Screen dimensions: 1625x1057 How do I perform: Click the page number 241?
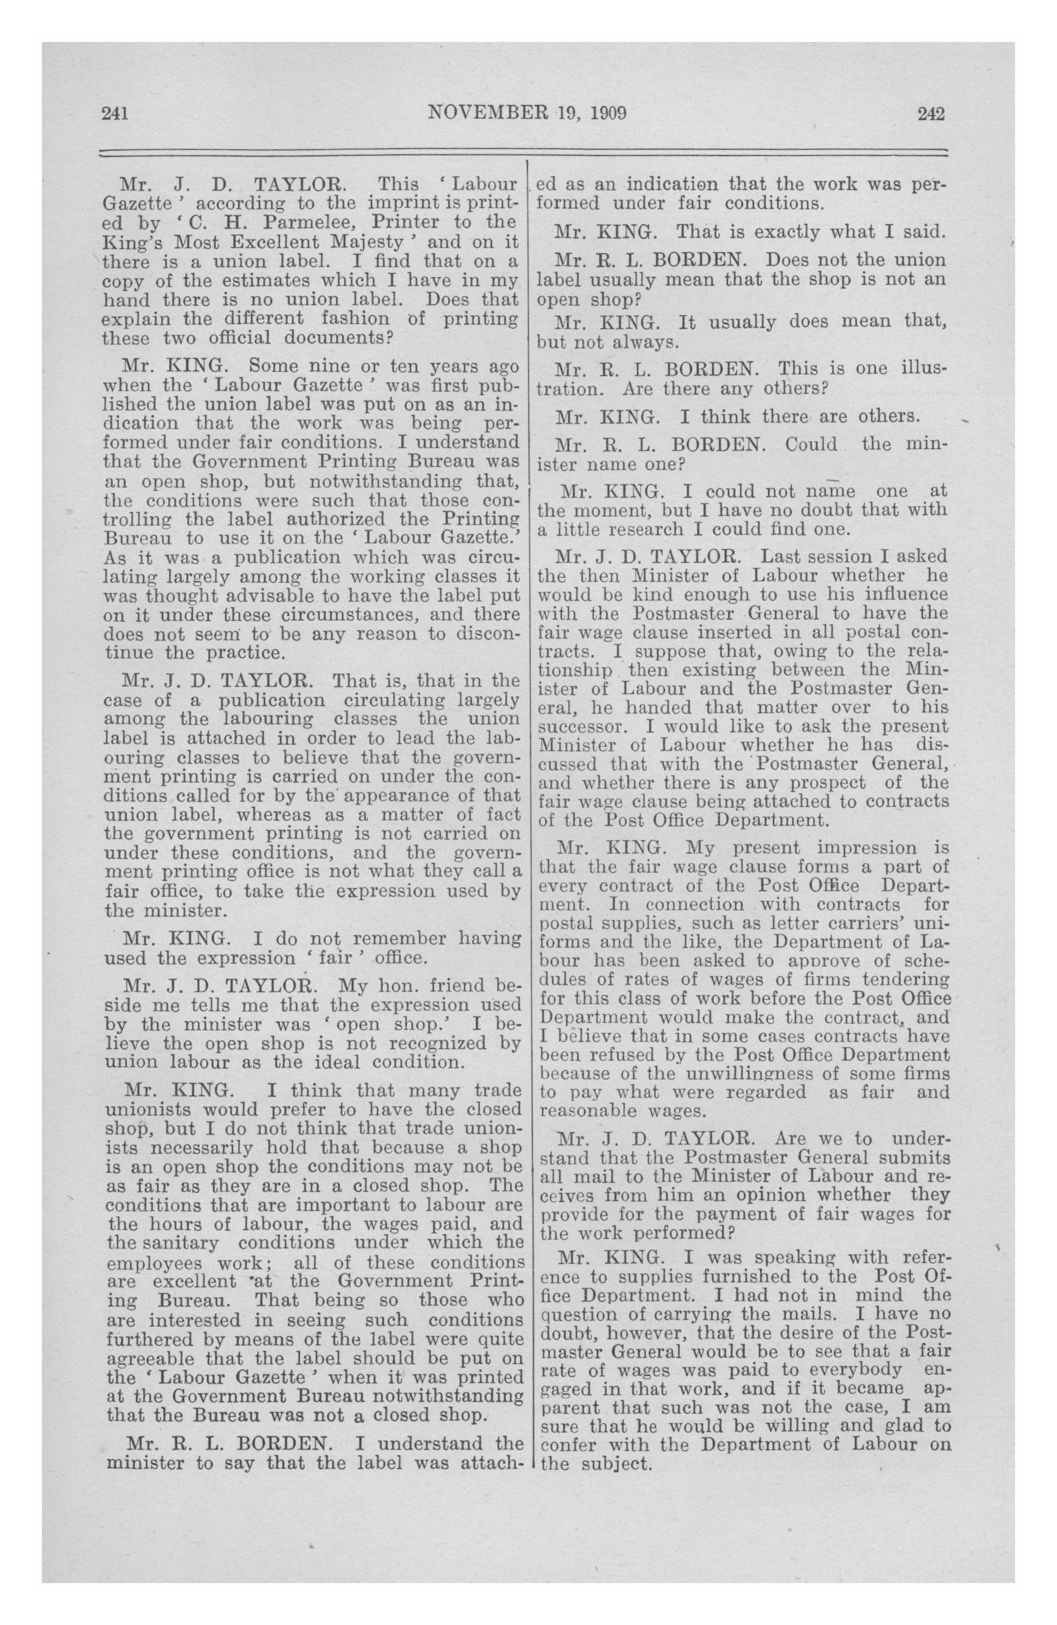pyautogui.click(x=116, y=113)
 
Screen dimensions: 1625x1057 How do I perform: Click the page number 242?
pyautogui.click(x=931, y=113)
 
